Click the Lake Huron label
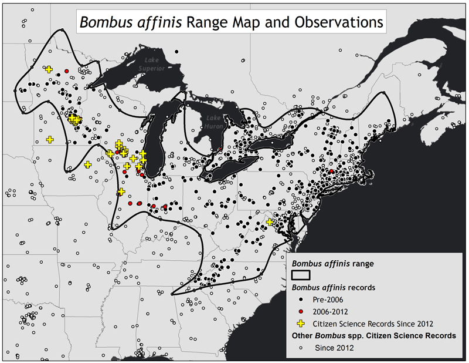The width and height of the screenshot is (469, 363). (212, 122)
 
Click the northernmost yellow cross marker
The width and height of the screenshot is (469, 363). (49, 69)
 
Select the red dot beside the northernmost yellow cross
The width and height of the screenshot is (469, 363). (67, 71)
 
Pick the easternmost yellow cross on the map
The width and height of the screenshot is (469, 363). (270, 222)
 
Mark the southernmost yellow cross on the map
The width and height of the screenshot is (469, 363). (270, 222)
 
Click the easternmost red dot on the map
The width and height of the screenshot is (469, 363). (332, 171)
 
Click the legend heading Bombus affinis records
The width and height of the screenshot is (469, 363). (335, 287)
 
